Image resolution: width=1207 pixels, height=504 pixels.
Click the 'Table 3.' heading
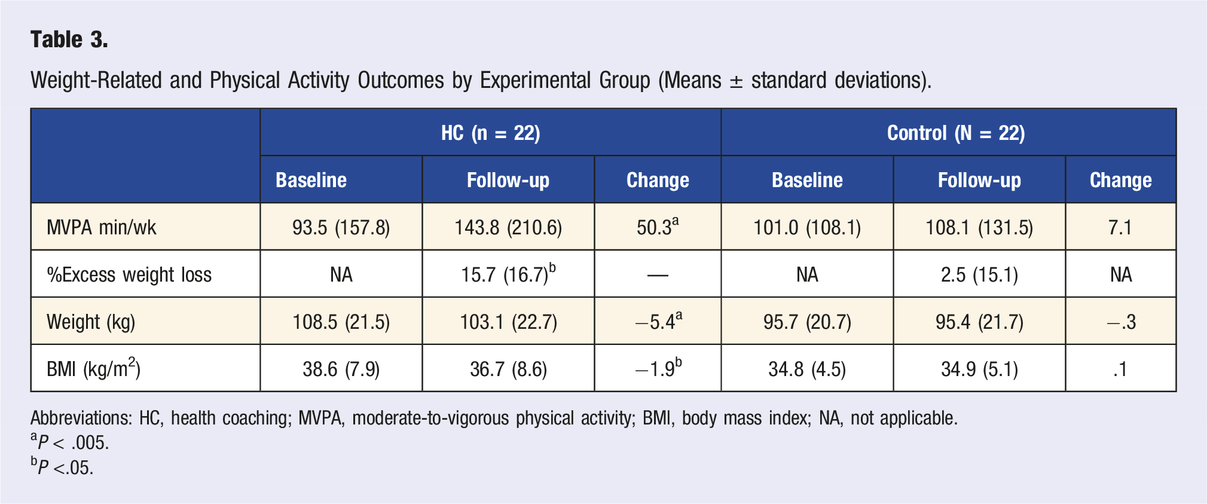click(69, 39)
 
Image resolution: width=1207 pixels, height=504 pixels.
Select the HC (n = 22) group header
click(491, 133)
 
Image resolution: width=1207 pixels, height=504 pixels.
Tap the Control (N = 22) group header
click(956, 133)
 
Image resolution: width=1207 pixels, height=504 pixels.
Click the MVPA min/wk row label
click(102, 227)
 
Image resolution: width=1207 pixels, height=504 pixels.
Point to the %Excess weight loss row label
click(129, 274)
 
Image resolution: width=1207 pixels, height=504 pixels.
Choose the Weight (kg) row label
click(91, 322)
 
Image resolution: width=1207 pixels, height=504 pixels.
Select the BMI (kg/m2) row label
click(94, 368)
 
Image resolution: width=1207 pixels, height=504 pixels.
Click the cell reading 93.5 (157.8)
click(341, 227)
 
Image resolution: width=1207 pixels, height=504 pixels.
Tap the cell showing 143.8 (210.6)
click(508, 227)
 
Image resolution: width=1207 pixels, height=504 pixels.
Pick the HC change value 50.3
click(658, 227)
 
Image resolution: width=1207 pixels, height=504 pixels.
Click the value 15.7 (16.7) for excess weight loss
click(508, 274)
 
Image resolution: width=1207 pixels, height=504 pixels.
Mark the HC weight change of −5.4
click(658, 321)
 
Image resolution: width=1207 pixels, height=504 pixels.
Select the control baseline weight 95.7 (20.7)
click(807, 322)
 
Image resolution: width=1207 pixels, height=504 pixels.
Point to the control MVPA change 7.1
click(1120, 227)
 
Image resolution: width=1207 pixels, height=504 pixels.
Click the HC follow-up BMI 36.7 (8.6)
click(508, 369)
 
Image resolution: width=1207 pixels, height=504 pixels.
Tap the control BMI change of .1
click(1120, 369)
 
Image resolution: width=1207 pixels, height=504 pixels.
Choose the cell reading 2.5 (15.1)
click(979, 274)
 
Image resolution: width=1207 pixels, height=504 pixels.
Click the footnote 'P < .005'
click(70, 442)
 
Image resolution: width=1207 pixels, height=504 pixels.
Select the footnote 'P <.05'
click(62, 466)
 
